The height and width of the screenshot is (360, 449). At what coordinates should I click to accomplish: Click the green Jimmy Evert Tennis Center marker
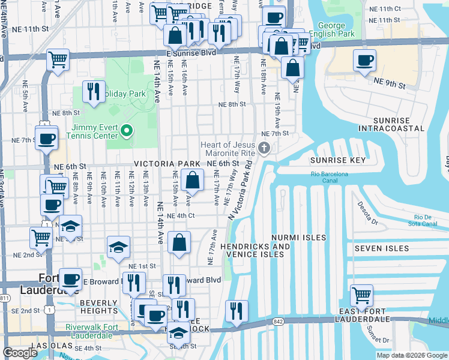[x=127, y=130]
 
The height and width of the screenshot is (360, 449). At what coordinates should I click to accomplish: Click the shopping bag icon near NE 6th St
[x=192, y=180]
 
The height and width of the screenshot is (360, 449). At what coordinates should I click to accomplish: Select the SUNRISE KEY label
[x=338, y=161]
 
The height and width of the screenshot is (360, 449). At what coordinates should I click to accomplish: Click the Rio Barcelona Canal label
[x=330, y=175]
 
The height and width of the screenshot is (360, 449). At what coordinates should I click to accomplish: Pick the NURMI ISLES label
[x=298, y=238]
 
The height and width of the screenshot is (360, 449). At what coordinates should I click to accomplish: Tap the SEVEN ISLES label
[x=381, y=248]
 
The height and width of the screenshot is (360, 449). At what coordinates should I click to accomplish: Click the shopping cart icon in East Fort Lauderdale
[x=362, y=296]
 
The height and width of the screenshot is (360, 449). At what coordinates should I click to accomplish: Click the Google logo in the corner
[x=20, y=353]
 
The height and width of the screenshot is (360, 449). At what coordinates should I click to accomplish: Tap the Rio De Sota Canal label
[x=427, y=220]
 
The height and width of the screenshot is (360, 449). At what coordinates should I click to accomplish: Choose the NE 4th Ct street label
[x=181, y=216]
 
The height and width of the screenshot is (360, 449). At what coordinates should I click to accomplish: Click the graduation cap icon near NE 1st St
[x=118, y=247]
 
